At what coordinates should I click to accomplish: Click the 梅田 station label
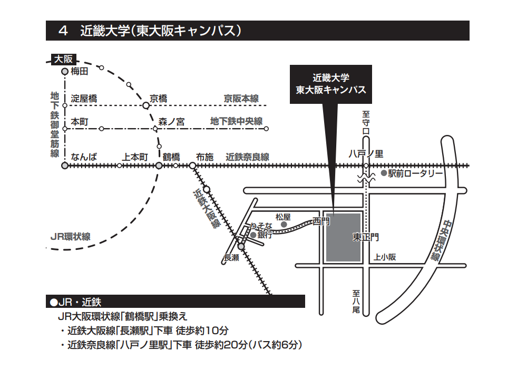[80, 71]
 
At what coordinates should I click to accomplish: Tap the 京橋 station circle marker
[146, 105]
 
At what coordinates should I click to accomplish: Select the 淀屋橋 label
[84, 99]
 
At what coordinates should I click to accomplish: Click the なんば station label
[84, 157]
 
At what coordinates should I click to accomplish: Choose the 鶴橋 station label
[171, 157]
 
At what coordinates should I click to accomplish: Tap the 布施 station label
[204, 157]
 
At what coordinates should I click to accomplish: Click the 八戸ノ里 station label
[366, 154]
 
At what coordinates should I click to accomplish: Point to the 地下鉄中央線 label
[236, 122]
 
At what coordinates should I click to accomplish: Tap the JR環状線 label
[70, 237]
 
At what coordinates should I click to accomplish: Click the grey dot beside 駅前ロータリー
[383, 173]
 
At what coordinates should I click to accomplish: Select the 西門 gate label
[321, 221]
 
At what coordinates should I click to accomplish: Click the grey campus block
[343, 237]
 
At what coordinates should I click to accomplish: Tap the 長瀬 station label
[232, 258]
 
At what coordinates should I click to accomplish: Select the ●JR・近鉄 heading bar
[176, 302]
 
